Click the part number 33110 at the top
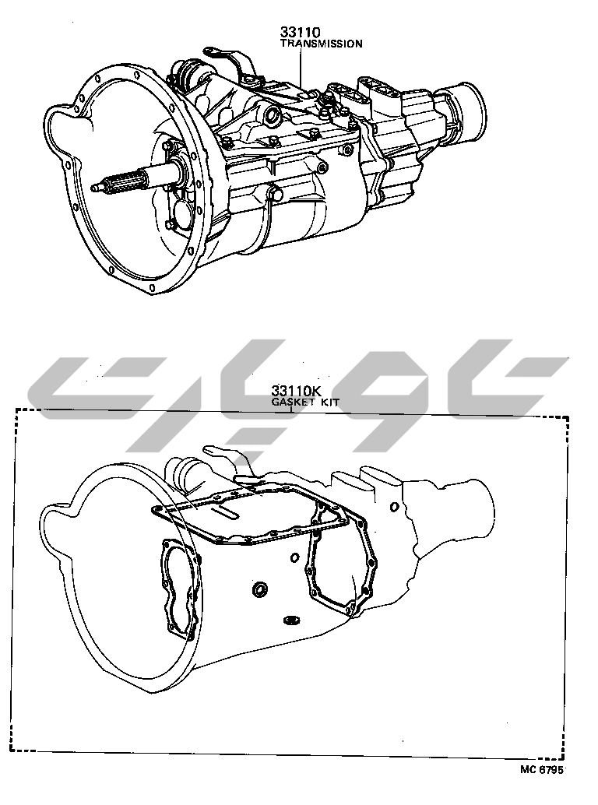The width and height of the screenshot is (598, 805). [301, 33]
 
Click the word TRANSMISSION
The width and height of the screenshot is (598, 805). [322, 44]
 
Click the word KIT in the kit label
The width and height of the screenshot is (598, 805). [329, 402]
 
